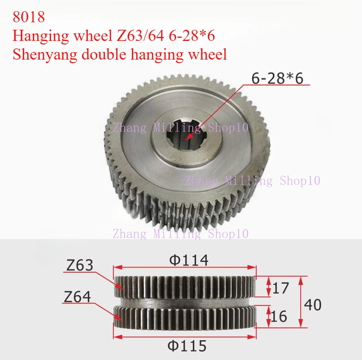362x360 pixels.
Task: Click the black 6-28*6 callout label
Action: point(277,78)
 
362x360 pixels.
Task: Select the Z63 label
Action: point(80,265)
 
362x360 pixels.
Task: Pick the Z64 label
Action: point(77,297)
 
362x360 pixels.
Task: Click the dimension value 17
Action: point(281,288)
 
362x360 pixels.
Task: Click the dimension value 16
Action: point(279,316)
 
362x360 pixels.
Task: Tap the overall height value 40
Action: point(312,305)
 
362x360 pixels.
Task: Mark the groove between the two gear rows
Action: point(185,302)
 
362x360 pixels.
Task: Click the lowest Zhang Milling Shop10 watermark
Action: point(180,234)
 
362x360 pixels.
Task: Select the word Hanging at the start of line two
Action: point(36,36)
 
